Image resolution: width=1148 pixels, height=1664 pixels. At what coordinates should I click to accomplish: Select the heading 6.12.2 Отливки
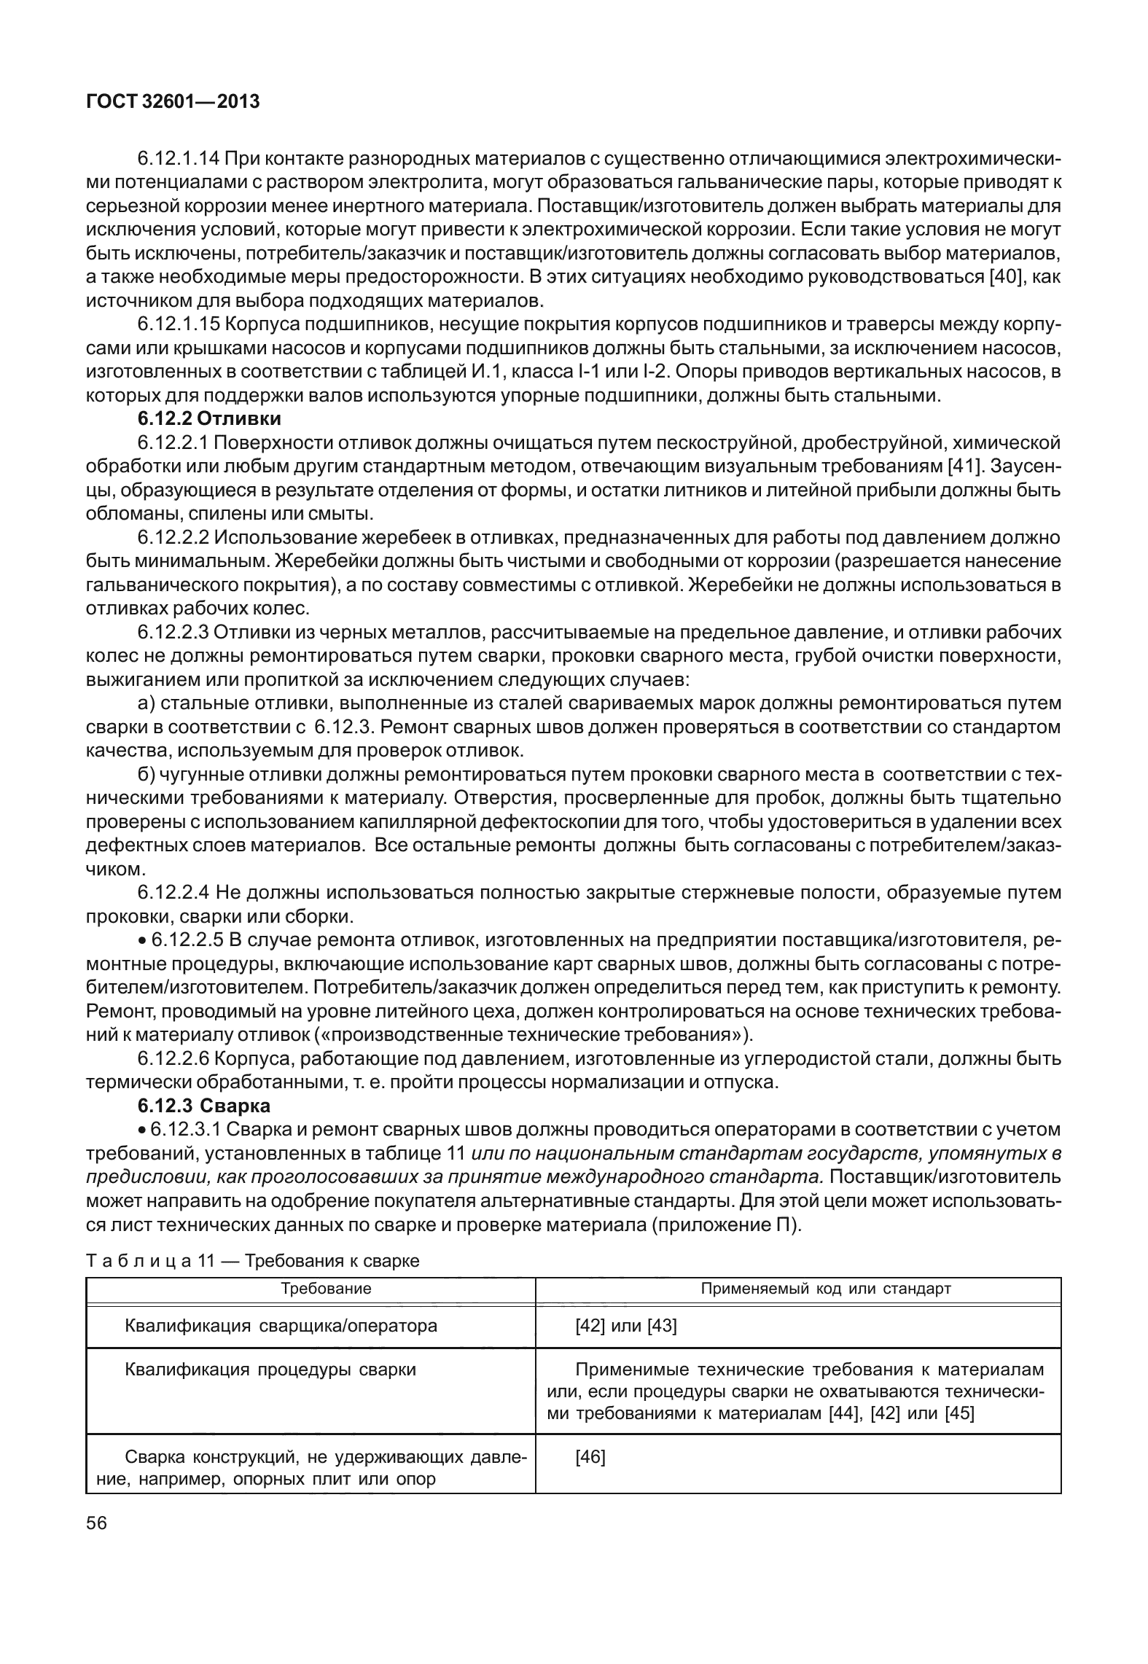[209, 419]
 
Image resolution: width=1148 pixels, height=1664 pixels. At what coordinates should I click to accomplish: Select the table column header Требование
[326, 1288]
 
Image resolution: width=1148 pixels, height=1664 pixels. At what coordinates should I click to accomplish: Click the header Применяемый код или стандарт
[825, 1288]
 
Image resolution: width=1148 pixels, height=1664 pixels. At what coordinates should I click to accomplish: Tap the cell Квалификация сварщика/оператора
[281, 1326]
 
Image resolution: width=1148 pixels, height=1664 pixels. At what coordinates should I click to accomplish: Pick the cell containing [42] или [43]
[625, 1326]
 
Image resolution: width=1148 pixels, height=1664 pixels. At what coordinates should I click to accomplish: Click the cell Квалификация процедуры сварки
[270, 1370]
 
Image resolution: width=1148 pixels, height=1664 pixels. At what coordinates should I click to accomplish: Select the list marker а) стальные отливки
[146, 704]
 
